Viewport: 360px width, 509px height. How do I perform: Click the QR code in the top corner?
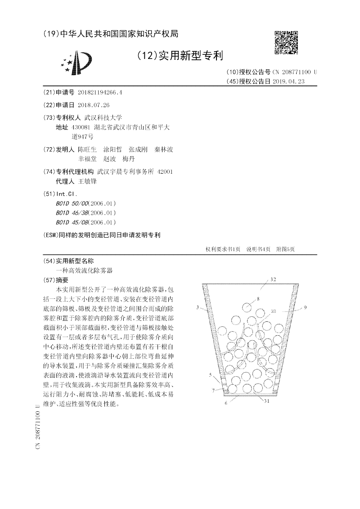pyautogui.click(x=286, y=42)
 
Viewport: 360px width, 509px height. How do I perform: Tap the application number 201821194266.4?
pyautogui.click(x=100, y=93)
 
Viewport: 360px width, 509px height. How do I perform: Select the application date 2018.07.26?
pyautogui.click(x=94, y=105)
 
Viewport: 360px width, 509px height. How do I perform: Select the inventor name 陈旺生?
pyautogui.click(x=87, y=149)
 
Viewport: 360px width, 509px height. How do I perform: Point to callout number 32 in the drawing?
pyautogui.click(x=273, y=279)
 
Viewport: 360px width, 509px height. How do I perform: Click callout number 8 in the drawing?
pyautogui.click(x=258, y=299)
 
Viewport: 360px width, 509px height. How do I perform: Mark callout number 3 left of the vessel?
pyautogui.click(x=198, y=307)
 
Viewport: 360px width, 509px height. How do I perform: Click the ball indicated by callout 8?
pyautogui.click(x=247, y=307)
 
